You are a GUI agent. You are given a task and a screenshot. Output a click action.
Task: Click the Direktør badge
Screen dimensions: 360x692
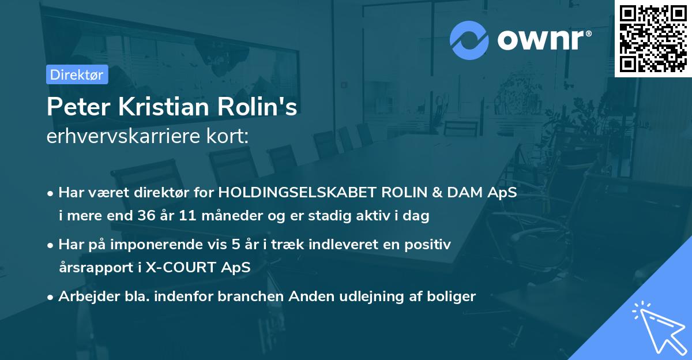tap(77, 74)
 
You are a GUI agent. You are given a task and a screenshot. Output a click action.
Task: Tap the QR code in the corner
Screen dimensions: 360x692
tap(653, 38)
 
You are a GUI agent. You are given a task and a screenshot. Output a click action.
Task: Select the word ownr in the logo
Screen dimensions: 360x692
tap(543, 39)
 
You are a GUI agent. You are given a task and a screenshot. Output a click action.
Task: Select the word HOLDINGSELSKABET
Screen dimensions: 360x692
tap(278, 193)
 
